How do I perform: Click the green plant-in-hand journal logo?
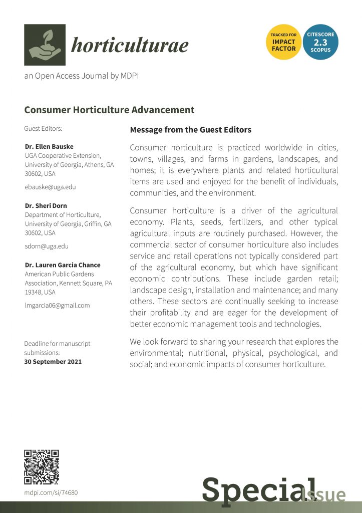pos(45,45)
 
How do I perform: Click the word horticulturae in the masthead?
pos(130,46)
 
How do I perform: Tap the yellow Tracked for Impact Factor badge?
pos(283,42)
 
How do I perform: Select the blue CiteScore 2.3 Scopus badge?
pos(320,42)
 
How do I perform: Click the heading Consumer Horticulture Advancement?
pos(109,110)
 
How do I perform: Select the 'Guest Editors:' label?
pos(43,129)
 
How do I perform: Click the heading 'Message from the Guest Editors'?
pos(190,130)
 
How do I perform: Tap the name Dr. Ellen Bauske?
pos(49,147)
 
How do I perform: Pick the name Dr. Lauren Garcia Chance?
pos(63,265)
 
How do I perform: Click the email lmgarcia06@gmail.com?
pos(57,305)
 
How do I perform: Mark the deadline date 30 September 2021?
pos(53,361)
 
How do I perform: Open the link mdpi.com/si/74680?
pos(51,493)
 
